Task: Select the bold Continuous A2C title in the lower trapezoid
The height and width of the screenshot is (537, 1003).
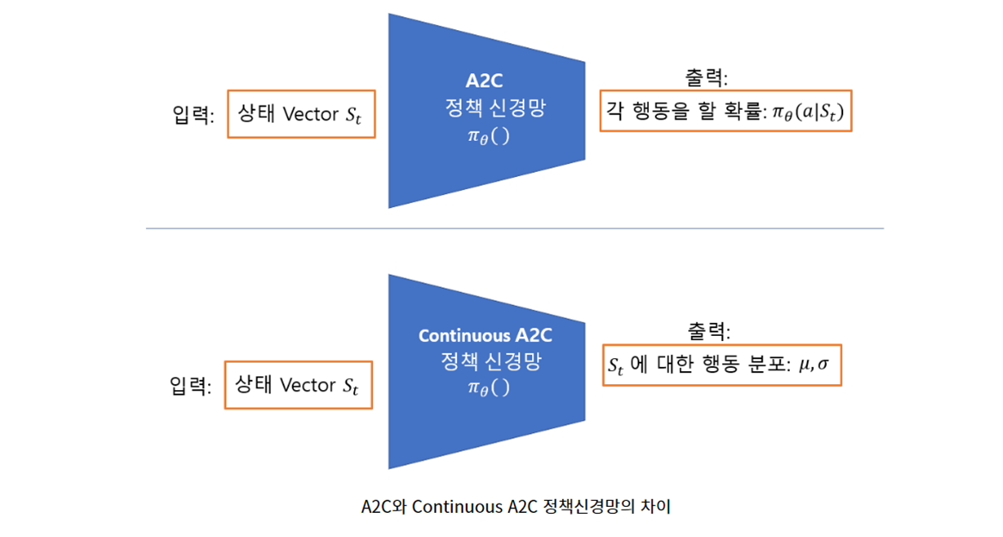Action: point(485,335)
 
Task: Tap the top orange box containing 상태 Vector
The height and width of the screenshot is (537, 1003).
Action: point(301,114)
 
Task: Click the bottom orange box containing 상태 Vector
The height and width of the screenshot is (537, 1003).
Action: point(298,385)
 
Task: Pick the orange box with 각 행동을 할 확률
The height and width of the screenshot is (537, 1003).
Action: point(725,112)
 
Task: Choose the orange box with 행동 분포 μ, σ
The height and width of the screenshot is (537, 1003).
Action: point(721,365)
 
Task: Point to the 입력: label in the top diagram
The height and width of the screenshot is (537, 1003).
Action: point(193,116)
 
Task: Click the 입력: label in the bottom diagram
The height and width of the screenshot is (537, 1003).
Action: point(191,387)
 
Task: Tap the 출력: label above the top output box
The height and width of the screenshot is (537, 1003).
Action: point(706,78)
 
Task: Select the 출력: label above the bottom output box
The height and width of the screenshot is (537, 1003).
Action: point(708,332)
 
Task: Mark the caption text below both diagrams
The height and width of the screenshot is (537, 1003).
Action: point(516,507)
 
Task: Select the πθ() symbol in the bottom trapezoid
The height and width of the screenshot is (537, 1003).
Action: point(488,387)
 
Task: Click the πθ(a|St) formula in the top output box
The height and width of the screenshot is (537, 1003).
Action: point(805,113)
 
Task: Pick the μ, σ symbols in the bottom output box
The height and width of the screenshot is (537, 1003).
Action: point(814,365)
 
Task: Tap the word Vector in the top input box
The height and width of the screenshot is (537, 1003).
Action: point(311,114)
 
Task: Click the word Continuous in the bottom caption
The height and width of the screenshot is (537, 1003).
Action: point(452,507)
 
